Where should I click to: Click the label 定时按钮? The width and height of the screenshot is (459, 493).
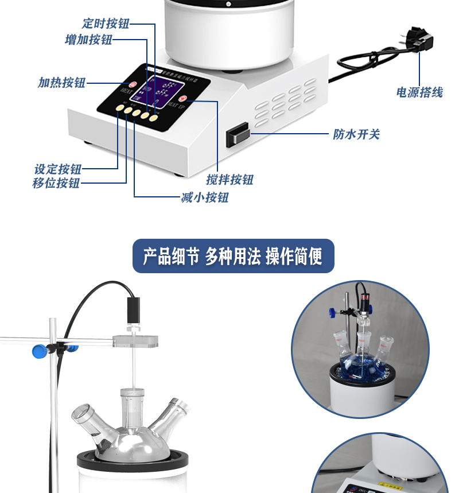point(106,24)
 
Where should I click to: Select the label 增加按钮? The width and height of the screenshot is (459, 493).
point(88,40)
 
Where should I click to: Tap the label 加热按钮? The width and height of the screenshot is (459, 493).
point(62,83)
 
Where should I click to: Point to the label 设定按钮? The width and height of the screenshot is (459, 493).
point(58,169)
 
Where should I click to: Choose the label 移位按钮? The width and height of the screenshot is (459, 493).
point(56,184)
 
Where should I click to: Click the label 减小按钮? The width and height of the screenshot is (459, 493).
point(205,198)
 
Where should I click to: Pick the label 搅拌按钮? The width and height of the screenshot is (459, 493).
point(230,180)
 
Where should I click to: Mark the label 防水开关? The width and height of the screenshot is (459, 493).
point(356,135)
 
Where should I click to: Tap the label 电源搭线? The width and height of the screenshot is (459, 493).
point(419,92)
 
